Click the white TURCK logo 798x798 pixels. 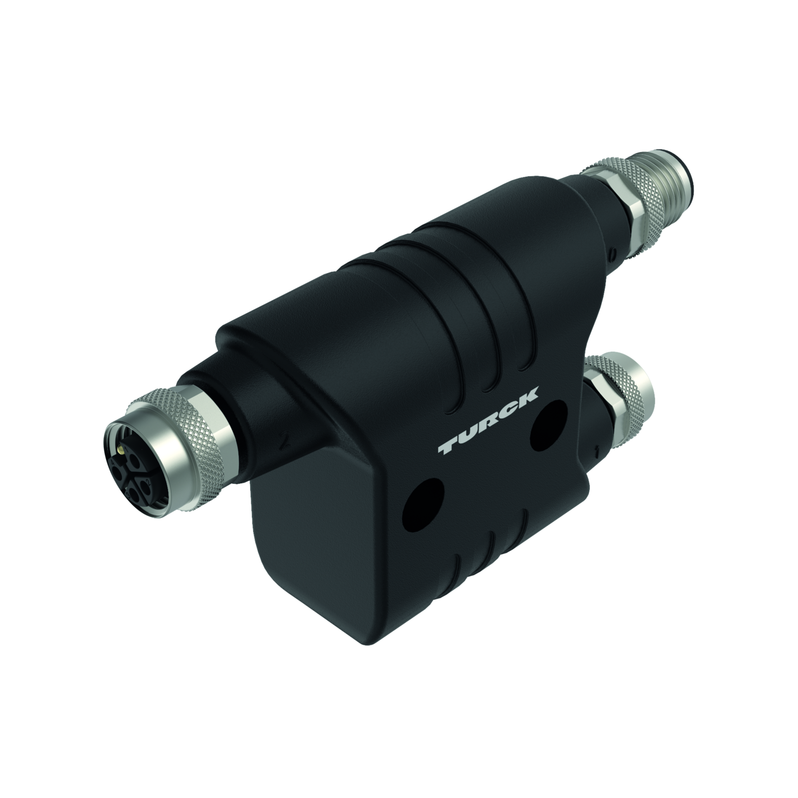pyautogui.click(x=488, y=421)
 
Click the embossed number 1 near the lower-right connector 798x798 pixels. pyautogui.click(x=596, y=452)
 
